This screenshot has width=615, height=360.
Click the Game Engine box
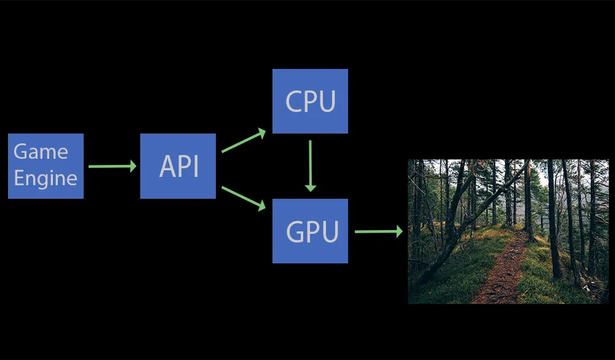coord(46,166)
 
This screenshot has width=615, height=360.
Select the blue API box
coord(178,166)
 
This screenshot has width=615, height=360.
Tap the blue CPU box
coord(310,101)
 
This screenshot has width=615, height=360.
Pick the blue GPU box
coord(310,231)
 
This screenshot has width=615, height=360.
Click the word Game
coord(41,152)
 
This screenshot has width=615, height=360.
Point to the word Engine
coord(46,178)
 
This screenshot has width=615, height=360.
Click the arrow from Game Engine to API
coord(111,166)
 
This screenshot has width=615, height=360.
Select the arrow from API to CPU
coord(243,141)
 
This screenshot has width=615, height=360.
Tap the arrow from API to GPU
coord(243,198)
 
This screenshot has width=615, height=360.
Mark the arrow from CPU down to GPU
coord(310,165)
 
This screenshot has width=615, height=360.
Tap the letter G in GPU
coord(296,231)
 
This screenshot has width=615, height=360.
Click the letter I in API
coord(196,166)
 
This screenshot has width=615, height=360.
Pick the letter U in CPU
coord(327,102)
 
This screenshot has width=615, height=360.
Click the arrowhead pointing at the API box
coord(132,166)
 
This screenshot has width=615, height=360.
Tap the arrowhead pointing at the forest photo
coord(399,231)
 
